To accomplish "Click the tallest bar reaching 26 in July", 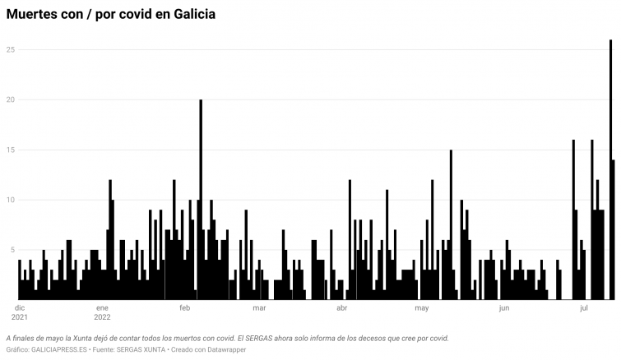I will tap(610, 164).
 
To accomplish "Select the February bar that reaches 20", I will tap(201, 197).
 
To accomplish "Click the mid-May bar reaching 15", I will tap(451, 222).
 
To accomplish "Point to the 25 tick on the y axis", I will tap(12, 50).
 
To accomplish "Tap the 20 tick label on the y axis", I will tap(12, 100).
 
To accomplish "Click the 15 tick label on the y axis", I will tap(12, 150).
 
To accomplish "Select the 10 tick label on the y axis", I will tap(12, 200).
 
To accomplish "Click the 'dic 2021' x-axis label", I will tap(20, 312).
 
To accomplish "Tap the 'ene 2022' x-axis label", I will tap(102, 312).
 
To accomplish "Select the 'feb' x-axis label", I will tap(184, 308).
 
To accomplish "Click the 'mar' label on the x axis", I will tap(258, 308).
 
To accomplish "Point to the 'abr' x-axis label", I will tap(342, 308).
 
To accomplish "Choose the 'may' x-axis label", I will tap(423, 308).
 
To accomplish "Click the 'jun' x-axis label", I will tap(504, 308).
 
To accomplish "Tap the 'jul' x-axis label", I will tap(584, 308).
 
